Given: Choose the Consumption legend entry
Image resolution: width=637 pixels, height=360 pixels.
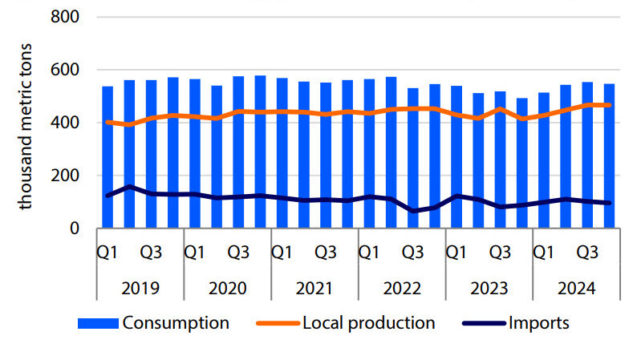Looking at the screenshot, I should (x=176, y=323).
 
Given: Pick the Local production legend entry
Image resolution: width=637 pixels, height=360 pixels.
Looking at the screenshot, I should (x=368, y=323).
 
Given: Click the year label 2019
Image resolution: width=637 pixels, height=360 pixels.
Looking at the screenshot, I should (x=140, y=288).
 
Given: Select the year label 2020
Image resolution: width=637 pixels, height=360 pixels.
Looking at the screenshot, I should (x=227, y=288).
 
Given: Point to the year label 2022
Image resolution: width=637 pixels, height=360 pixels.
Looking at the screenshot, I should (x=402, y=288).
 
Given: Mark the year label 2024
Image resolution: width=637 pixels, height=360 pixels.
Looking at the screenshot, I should (x=577, y=288).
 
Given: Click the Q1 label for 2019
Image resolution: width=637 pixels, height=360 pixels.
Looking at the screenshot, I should (x=108, y=252).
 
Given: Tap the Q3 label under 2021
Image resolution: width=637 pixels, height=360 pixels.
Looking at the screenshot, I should (x=326, y=252).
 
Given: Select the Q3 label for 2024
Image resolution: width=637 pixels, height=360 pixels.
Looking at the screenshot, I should (x=588, y=252).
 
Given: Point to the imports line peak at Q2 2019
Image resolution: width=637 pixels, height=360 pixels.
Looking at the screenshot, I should (x=129, y=187).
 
